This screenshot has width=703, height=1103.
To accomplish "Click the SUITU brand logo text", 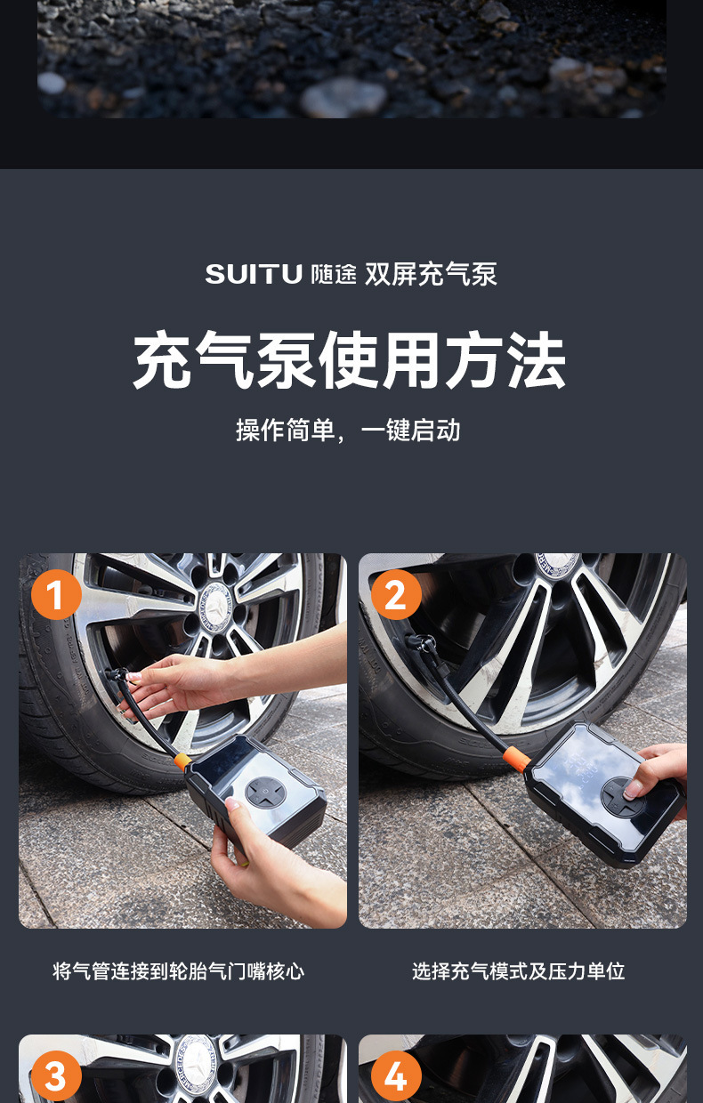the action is [254, 274].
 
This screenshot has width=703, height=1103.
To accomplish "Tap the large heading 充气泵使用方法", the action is [350, 360].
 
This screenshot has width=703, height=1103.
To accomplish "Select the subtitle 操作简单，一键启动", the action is [348, 430].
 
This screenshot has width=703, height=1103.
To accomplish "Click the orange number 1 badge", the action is [56, 594].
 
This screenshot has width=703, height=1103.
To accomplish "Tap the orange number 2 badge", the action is [396, 594].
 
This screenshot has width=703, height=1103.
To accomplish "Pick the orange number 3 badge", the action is [56, 1076].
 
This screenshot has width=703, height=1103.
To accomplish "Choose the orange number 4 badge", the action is [396, 1076].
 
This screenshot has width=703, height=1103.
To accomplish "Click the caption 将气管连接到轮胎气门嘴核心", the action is [178, 971].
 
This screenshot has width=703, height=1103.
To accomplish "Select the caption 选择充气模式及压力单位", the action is [518, 971].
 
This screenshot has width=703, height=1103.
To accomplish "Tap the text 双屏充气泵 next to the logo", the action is [431, 274].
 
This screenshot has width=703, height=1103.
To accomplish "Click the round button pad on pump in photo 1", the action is [265, 793].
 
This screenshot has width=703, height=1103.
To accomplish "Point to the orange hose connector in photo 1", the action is [182, 761].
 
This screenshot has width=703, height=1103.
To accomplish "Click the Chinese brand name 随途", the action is [334, 274].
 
